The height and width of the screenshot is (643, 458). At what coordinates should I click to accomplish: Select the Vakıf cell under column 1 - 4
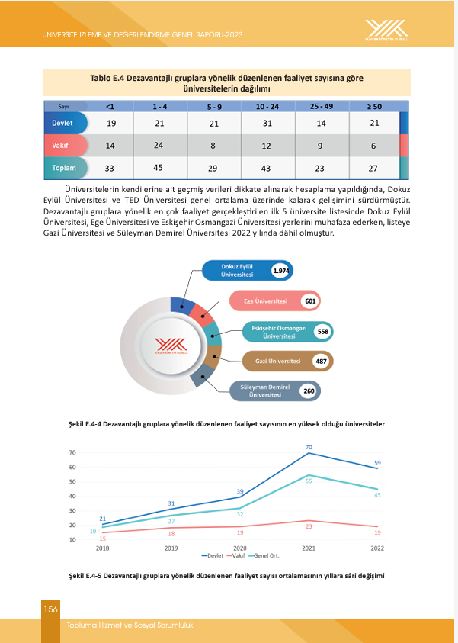160,145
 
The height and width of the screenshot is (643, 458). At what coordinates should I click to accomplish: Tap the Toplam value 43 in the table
267,168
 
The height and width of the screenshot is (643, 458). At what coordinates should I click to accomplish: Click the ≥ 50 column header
374,106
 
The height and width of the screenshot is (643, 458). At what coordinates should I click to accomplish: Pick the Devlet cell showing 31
267,123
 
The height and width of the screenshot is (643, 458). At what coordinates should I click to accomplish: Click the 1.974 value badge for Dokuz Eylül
282,271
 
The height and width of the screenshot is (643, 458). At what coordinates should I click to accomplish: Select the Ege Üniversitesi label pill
266,301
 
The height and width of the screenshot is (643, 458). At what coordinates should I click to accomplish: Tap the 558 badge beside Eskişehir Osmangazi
322,332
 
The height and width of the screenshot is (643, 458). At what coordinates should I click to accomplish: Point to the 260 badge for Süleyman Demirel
309,391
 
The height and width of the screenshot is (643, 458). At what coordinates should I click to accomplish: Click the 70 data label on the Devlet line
309,447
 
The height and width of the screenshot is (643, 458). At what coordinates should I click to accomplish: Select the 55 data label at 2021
309,481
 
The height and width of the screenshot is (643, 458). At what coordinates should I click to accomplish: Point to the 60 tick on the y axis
72,468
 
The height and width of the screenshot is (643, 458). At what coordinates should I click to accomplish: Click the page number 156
50,609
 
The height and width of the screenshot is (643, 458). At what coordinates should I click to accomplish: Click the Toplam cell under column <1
110,168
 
